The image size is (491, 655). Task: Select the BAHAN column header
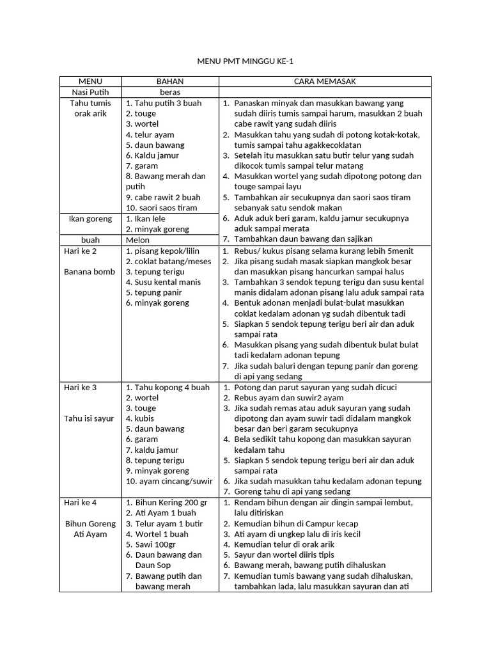(170, 81)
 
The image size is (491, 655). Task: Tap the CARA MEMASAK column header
(325, 81)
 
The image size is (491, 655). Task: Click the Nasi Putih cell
(90, 92)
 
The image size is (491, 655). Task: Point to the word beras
(170, 92)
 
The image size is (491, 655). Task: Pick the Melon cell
(138, 240)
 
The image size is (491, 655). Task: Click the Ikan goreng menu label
(90, 219)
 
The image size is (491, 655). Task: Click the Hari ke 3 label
(80, 387)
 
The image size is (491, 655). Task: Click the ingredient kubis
(145, 418)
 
